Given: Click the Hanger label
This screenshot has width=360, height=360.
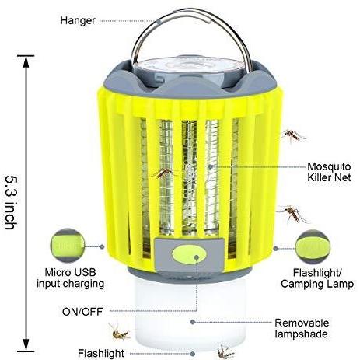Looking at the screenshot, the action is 78,20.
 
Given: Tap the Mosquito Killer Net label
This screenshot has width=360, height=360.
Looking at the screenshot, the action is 329,172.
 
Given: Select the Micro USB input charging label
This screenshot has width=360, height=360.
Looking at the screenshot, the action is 70,278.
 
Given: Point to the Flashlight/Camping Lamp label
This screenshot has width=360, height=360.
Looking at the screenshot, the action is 317,278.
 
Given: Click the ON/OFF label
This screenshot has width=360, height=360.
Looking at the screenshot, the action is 82,312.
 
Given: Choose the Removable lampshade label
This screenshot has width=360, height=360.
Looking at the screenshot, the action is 302,328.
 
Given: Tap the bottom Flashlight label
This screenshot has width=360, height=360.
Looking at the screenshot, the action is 101,353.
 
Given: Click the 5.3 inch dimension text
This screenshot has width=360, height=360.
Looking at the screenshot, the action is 12,202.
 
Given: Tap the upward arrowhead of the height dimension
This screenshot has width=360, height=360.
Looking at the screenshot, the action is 26,61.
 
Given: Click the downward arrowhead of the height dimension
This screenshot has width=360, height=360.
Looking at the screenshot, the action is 26,345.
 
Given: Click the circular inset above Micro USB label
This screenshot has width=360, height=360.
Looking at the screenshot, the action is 68,245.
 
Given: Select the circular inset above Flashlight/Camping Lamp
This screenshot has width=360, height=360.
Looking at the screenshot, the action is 313,246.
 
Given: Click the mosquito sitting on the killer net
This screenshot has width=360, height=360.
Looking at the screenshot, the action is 163,173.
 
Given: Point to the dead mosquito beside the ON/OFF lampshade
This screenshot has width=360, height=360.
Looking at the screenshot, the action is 120,332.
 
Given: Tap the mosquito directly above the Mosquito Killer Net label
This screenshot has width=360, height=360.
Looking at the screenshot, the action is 293,135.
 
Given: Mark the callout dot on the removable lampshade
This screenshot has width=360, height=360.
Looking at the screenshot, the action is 193,322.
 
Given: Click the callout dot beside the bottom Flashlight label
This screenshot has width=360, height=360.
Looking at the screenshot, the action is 193,354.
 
